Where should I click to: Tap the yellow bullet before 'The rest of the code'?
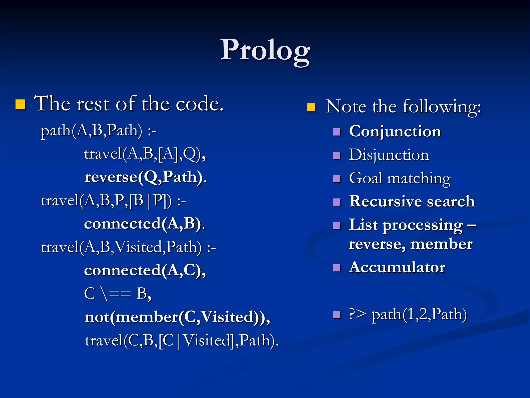(20, 104)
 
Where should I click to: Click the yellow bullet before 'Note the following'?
(311, 107)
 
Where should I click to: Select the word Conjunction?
(395, 131)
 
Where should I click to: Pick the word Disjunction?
(389, 155)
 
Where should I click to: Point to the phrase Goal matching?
(400, 178)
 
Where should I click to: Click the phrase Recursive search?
(412, 201)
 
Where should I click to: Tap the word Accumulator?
(397, 267)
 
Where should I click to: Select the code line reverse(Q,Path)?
(146, 177)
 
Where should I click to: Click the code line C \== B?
(118, 294)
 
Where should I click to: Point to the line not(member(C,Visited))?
(178, 317)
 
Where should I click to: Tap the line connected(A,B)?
(144, 224)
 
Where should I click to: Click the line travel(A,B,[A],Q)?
(145, 154)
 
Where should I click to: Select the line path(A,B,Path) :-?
(99, 130)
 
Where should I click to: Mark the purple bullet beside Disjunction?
(337, 155)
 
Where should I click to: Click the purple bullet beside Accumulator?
(337, 268)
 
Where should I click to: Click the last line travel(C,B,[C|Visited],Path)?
(182, 340)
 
